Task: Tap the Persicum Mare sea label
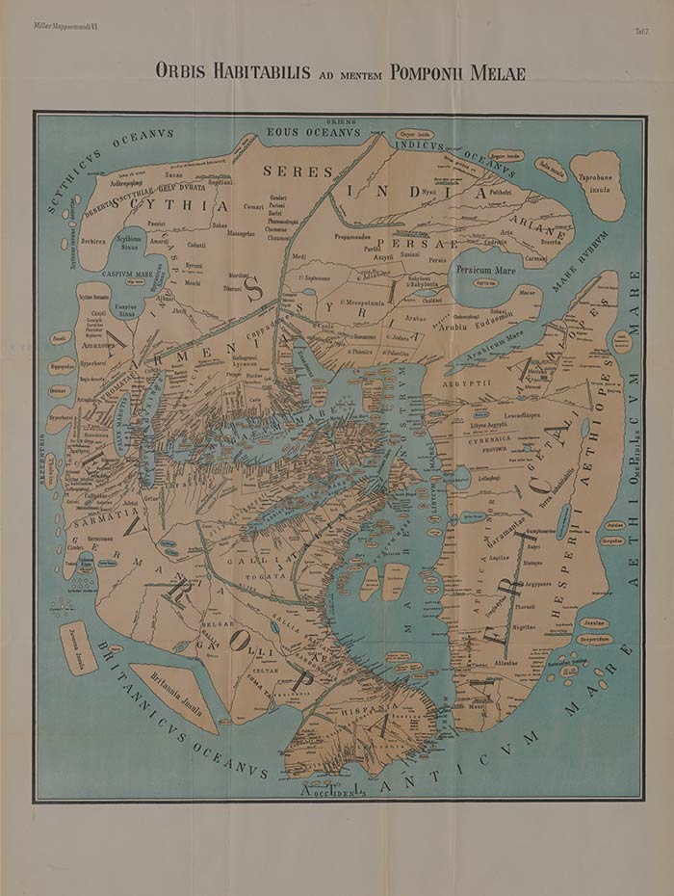(x=485, y=271)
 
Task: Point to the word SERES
(x=298, y=171)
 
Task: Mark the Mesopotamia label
(x=355, y=302)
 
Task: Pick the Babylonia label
(x=419, y=283)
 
